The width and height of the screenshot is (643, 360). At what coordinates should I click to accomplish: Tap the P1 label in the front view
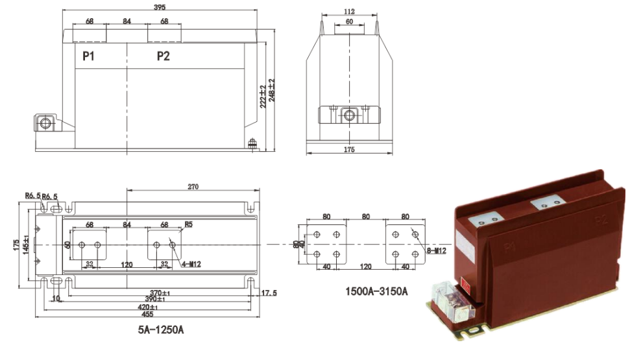pos(89,56)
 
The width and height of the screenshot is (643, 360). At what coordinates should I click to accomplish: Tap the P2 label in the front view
pos(164,56)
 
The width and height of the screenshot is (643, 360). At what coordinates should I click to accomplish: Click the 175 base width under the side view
pos(349,150)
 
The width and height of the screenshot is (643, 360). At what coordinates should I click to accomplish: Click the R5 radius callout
pos(189,225)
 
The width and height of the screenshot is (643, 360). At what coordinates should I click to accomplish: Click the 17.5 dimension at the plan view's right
pos(269,293)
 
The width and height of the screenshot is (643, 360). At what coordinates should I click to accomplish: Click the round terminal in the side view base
pos(349,116)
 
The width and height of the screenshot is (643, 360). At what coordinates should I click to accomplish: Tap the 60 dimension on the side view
pos(349,21)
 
